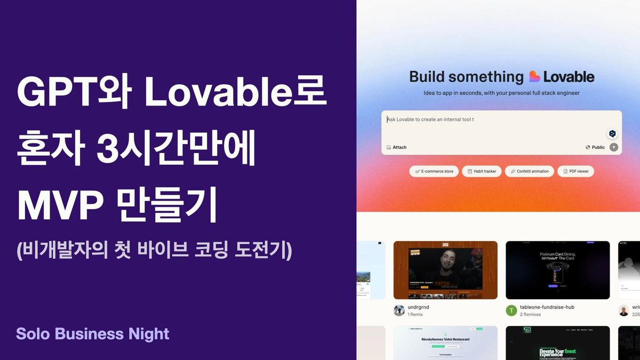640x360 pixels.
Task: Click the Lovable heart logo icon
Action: (534, 77)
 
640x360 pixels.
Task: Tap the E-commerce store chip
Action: (434, 171)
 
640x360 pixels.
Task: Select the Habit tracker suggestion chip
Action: (482, 171)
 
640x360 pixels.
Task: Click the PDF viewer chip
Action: (575, 171)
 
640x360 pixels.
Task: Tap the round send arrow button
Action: (614, 147)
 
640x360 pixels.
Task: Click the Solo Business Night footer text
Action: (92, 334)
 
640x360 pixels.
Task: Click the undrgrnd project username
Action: (418, 307)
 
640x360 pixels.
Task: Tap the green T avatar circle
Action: (511, 310)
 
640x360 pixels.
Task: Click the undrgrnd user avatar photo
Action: (399, 310)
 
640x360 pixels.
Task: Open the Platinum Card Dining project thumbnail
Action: (557, 270)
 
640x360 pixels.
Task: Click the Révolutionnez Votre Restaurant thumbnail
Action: (445, 343)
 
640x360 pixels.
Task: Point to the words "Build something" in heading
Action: (466, 77)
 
